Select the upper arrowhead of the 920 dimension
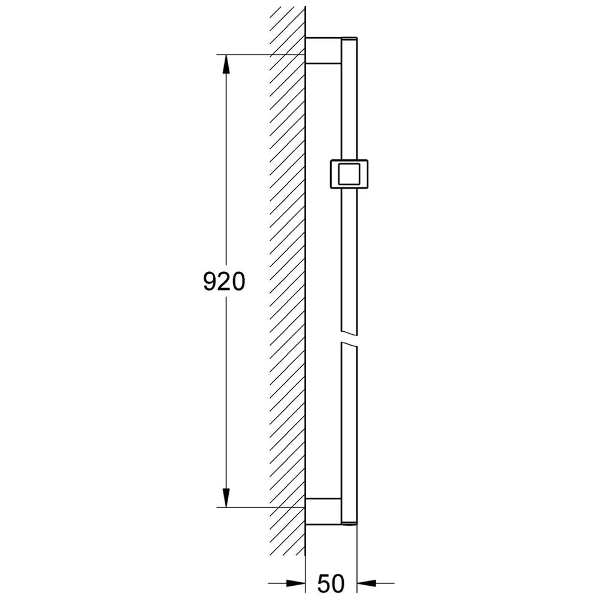226,65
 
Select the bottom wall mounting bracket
323,511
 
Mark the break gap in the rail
349,337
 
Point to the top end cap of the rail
349,40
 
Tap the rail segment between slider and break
349,258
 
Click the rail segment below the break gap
349,419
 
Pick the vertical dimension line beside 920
226,180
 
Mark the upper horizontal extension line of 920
258,55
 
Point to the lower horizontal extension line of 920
258,507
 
